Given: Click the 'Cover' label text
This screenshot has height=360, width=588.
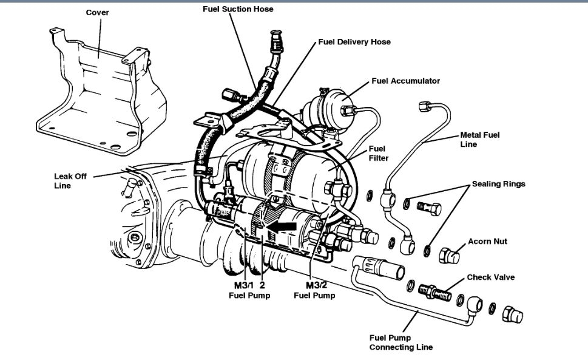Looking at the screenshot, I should (x=97, y=12).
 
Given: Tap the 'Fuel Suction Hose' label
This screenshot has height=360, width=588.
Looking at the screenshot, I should (x=238, y=9).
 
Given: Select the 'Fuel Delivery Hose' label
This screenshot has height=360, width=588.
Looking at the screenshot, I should (x=354, y=42).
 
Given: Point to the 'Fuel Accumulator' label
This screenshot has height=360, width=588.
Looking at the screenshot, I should (x=406, y=81).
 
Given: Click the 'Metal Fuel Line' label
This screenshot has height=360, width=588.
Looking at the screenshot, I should (x=480, y=140).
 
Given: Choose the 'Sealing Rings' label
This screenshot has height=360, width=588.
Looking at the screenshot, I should (x=499, y=183).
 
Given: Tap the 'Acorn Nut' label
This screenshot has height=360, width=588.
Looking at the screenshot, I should (x=487, y=241).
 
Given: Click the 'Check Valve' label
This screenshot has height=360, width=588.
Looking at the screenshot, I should (x=491, y=277).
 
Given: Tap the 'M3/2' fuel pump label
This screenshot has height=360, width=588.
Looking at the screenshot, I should (x=317, y=285).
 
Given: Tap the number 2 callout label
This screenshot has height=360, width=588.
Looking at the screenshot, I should (x=263, y=285).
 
